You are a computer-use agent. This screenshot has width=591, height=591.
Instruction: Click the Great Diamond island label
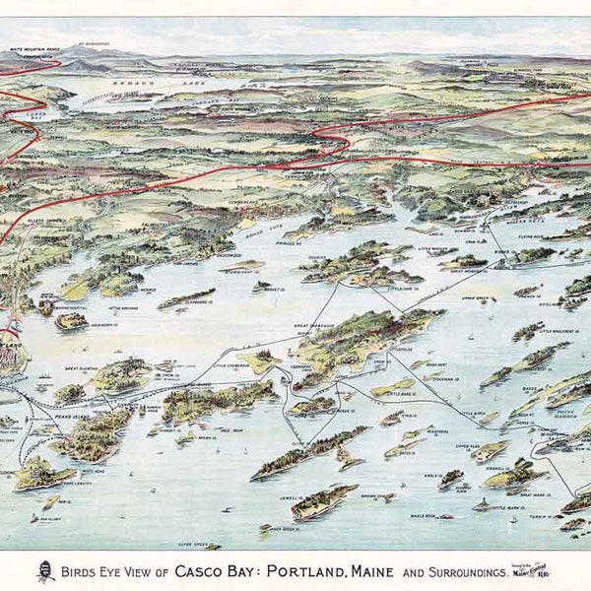click(85, 369)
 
